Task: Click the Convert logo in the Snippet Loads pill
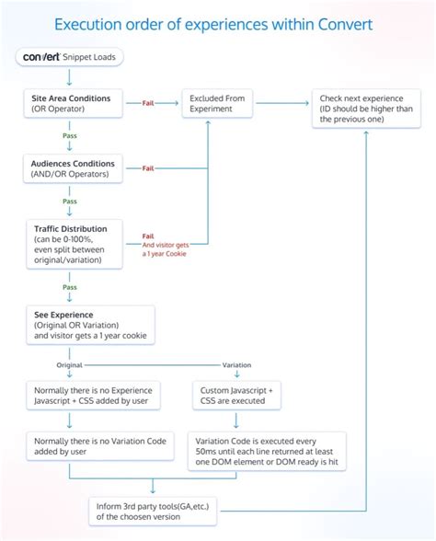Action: click(x=41, y=57)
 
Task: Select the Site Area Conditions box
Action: click(x=73, y=103)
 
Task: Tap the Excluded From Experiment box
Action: click(x=217, y=103)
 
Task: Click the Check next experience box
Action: click(x=366, y=109)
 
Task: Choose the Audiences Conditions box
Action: click(x=73, y=168)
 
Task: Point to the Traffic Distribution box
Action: click(x=75, y=245)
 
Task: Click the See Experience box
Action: click(x=90, y=325)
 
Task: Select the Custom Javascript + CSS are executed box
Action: click(x=236, y=396)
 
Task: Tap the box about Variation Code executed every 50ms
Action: click(x=267, y=451)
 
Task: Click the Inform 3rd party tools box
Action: click(x=153, y=512)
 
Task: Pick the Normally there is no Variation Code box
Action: click(x=100, y=446)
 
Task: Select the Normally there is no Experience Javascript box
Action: click(x=93, y=396)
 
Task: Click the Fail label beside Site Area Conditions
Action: click(x=148, y=103)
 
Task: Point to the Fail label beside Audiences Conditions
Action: click(x=148, y=168)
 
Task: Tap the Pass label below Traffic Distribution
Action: click(x=70, y=287)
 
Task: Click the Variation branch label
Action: click(x=236, y=365)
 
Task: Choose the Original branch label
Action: click(x=69, y=365)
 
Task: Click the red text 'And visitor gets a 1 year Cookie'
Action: click(x=166, y=249)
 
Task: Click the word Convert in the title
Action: click(x=345, y=25)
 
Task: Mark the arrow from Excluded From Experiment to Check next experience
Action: click(x=282, y=103)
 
